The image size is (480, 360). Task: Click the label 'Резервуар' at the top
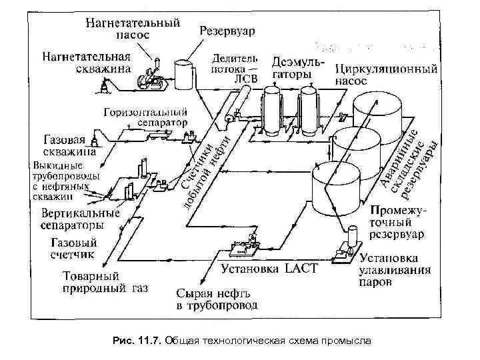(231, 31)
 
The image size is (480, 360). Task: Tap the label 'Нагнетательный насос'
(133, 30)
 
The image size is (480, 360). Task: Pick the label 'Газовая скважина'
(68, 145)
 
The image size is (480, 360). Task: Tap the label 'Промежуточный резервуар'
(401, 221)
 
